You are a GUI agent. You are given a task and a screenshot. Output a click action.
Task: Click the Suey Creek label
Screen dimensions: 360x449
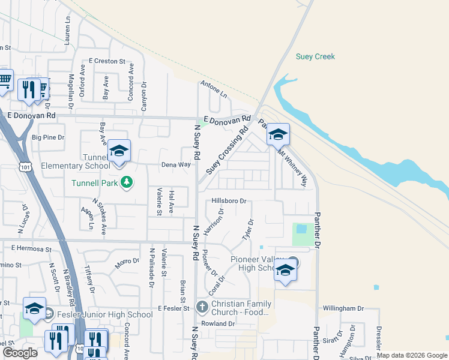point(315,57)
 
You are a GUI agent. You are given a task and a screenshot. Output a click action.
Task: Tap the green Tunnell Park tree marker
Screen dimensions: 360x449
point(126,182)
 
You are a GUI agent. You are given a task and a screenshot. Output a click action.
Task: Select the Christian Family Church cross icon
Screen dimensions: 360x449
point(202,308)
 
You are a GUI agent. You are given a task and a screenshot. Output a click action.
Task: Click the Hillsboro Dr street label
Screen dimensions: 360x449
point(229,202)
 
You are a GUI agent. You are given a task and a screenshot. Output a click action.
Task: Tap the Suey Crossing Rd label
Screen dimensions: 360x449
point(228,151)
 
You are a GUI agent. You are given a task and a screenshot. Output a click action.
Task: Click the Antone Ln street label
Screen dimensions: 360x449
point(214,90)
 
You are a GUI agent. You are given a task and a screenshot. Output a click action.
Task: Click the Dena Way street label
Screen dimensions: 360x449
point(176,164)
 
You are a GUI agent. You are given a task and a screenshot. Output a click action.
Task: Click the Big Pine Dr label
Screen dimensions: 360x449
point(48,137)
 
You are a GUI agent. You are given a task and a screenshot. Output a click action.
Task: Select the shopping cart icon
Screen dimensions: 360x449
point(4,79)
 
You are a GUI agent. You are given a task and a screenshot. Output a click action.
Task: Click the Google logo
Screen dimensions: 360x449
point(20,353)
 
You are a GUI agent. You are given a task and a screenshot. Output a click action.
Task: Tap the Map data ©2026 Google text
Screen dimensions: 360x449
point(412,355)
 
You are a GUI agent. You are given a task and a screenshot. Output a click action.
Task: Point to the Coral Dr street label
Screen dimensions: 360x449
point(217,284)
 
